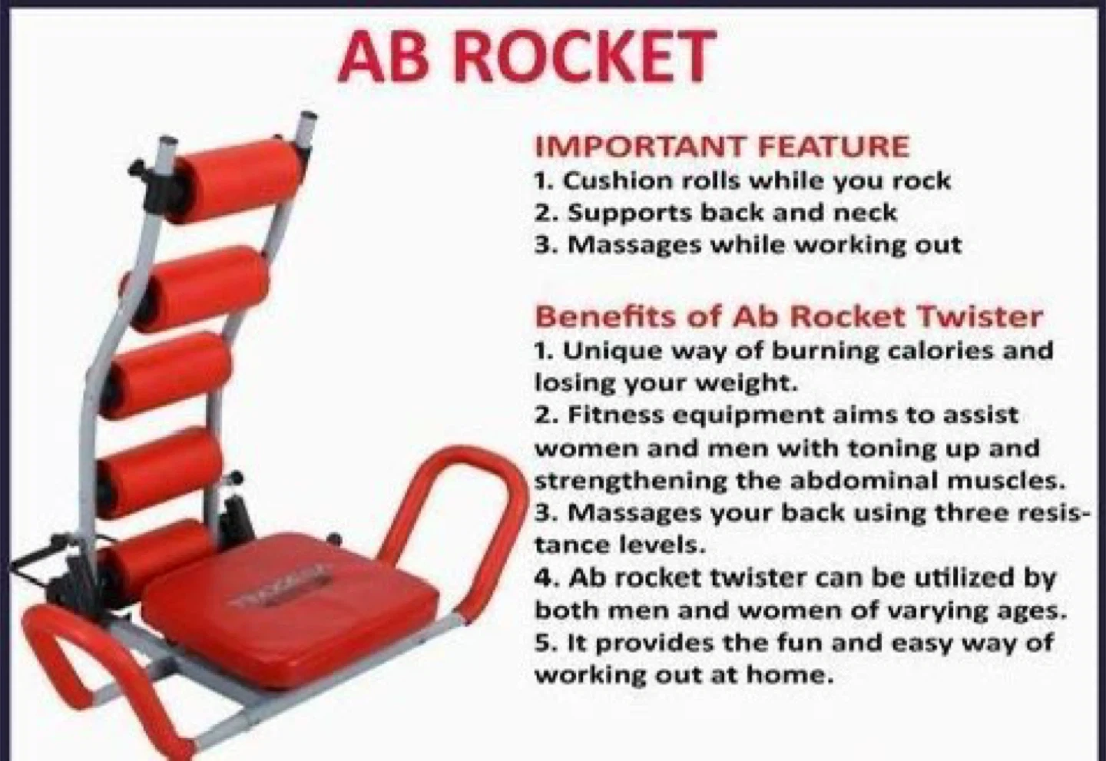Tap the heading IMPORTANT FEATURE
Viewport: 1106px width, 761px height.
[722, 146]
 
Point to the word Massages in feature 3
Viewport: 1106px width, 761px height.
[634, 246]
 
